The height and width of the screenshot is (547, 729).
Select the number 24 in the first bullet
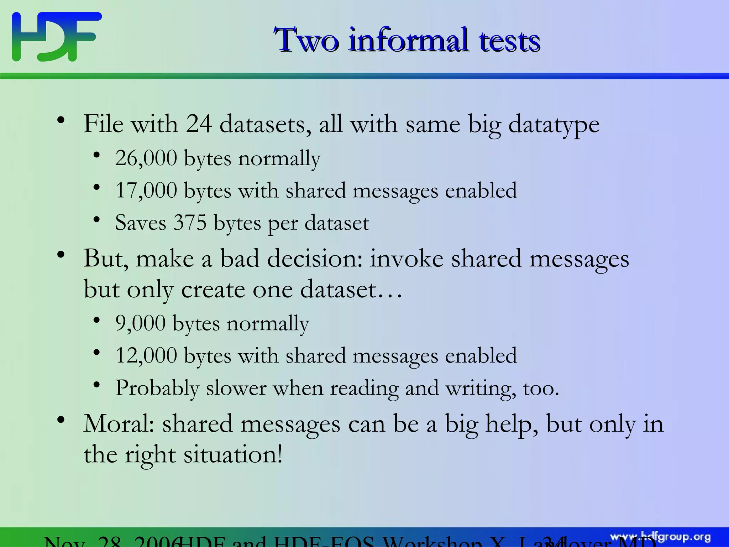(x=199, y=124)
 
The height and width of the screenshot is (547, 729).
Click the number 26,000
(x=146, y=158)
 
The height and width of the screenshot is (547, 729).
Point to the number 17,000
(x=146, y=190)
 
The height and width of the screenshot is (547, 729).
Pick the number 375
(x=190, y=223)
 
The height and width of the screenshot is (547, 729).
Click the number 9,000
(x=140, y=323)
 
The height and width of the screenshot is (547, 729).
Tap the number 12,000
(x=146, y=355)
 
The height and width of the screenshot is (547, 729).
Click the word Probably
(x=157, y=388)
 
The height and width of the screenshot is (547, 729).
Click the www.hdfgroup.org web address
(x=660, y=537)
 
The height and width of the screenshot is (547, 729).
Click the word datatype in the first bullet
(x=554, y=125)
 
